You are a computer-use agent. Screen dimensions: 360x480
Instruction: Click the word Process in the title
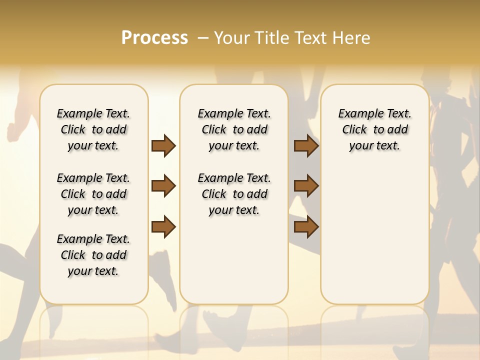click(x=154, y=37)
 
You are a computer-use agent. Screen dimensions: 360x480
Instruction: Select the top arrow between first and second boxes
click(x=163, y=146)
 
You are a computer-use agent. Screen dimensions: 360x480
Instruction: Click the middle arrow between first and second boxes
click(x=163, y=186)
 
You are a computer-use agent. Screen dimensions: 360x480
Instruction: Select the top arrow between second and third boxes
click(x=306, y=146)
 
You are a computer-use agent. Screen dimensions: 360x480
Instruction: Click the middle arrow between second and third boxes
click(x=306, y=186)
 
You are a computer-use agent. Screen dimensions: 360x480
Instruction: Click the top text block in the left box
click(x=93, y=129)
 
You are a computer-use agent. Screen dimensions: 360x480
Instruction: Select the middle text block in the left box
click(x=93, y=194)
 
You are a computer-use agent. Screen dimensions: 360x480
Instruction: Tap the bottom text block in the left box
click(x=93, y=255)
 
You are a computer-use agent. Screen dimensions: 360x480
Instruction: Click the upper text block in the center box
click(x=234, y=129)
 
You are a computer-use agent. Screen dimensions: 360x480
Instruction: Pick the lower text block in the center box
click(x=234, y=194)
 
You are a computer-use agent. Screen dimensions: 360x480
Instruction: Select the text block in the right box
click(x=374, y=129)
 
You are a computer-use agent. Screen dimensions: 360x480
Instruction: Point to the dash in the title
click(x=203, y=37)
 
